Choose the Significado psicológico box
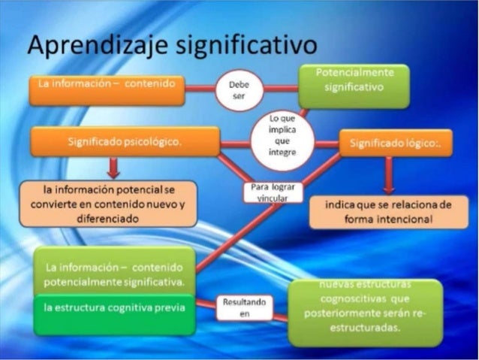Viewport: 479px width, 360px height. coord(125,142)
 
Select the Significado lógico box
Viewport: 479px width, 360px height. coord(395,143)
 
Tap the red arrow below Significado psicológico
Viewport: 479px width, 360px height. coord(113,167)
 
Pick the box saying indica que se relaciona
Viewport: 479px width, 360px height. coord(390,212)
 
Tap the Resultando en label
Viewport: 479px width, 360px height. coord(243,307)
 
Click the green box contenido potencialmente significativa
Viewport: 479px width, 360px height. coord(113,272)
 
